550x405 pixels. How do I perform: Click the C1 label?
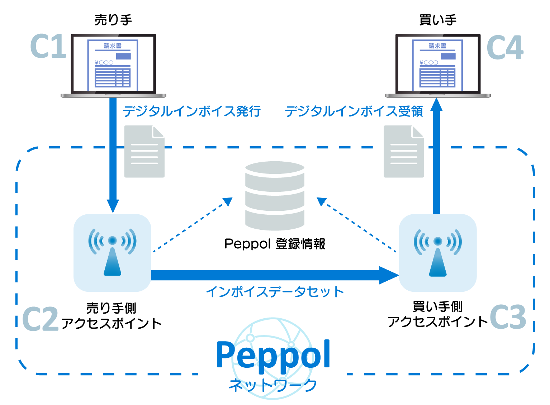tap(48, 47)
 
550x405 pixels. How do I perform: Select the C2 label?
tap(40, 319)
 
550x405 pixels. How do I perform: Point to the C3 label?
tap(508, 317)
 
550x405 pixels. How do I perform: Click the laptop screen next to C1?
tap(113, 65)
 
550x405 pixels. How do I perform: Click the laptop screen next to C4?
tap(437, 65)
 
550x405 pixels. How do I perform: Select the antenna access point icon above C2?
tap(112, 253)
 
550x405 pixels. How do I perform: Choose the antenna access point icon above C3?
tap(437, 253)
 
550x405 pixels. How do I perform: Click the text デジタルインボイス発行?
tap(191, 111)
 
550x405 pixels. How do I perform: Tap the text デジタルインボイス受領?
tap(354, 111)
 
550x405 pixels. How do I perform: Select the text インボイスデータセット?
tap(275, 292)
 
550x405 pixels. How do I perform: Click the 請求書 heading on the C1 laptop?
tap(113, 46)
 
